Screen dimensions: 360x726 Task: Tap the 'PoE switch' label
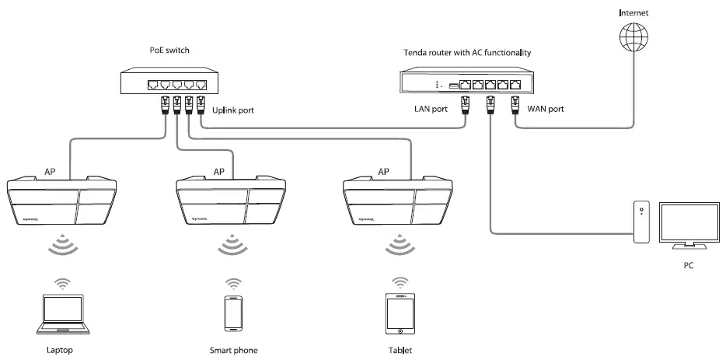coord(169,51)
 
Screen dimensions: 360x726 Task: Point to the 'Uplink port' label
coord(233,110)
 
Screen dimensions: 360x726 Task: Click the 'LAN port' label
coord(430,109)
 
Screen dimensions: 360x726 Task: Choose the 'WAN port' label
coord(545,109)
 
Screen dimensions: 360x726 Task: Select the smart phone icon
coord(232,312)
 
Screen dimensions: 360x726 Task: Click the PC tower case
coord(640,222)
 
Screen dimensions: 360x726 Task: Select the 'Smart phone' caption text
coord(233,350)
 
